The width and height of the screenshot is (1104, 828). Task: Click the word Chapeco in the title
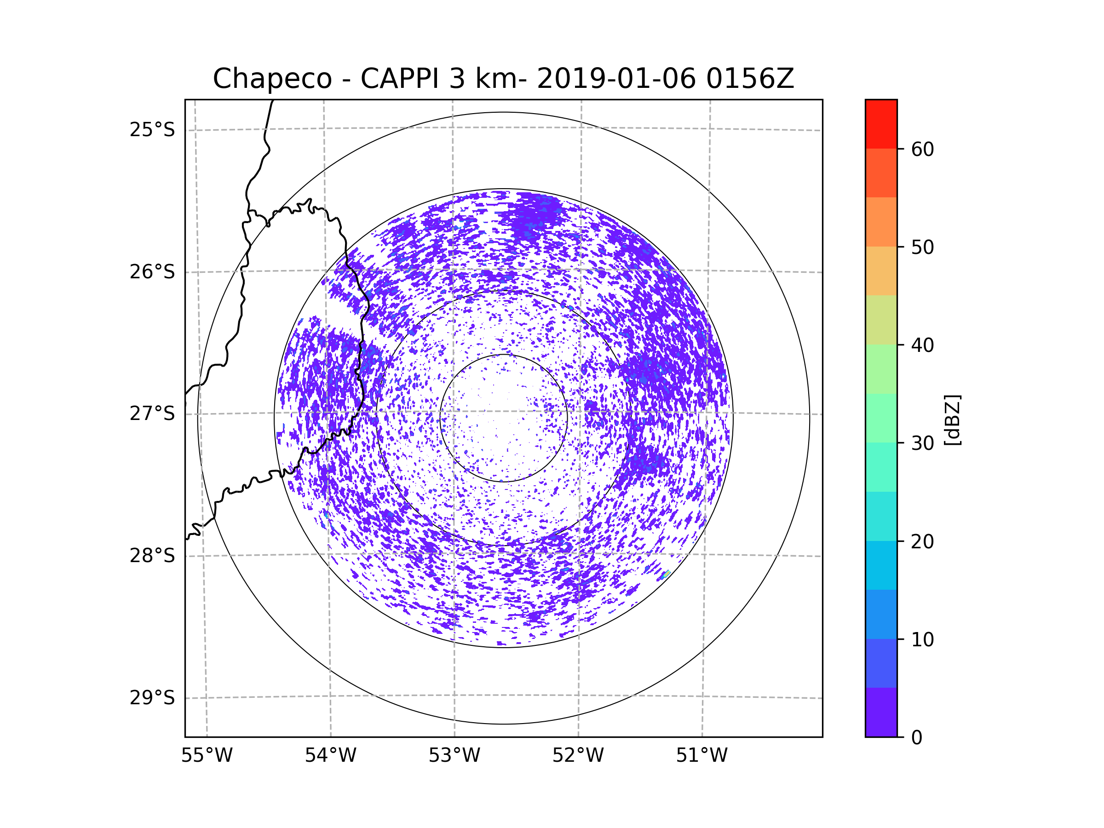point(272,79)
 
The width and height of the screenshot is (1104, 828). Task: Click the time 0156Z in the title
point(750,78)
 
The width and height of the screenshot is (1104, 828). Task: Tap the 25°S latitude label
point(152,130)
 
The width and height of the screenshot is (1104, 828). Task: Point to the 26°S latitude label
point(152,272)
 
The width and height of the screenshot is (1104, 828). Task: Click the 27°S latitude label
point(152,414)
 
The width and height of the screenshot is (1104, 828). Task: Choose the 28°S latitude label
point(152,556)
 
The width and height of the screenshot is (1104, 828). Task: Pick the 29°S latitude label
point(152,698)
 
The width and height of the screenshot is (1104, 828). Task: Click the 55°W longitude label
point(207,756)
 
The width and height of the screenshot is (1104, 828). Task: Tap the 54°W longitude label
point(330,756)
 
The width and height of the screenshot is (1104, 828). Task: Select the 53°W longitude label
point(454,756)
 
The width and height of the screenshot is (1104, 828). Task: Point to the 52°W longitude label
point(578,756)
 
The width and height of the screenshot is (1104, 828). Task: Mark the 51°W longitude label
point(701,756)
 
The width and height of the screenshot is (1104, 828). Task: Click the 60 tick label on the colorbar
point(922,149)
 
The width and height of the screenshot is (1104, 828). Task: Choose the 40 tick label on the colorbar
point(922,345)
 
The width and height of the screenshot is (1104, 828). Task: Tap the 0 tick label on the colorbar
point(917,738)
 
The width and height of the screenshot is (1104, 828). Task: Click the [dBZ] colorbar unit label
point(952,420)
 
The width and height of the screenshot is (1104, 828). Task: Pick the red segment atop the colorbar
point(881,124)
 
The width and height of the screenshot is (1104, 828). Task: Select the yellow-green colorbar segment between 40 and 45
point(881,320)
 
